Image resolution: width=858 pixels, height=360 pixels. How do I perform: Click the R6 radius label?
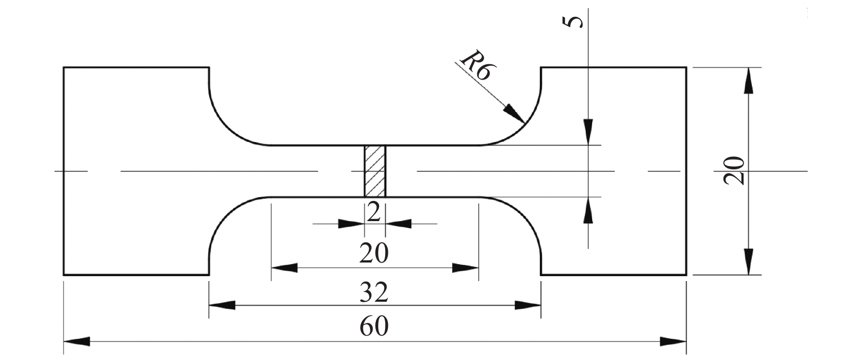coord(475,66)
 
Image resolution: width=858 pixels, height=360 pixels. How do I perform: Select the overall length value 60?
coord(374,327)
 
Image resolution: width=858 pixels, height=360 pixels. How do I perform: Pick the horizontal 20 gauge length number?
coord(374,253)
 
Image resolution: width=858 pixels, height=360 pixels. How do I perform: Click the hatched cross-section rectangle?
coord(375,171)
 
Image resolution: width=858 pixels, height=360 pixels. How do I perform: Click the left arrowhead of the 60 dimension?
coord(76,342)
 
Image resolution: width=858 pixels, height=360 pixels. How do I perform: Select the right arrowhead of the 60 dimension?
coord(674,342)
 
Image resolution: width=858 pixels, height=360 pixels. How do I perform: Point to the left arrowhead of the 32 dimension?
coord(222,306)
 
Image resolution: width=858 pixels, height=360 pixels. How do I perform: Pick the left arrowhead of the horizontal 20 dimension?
coord(284,268)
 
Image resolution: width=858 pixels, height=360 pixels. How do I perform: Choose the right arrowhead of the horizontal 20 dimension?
coord(465,268)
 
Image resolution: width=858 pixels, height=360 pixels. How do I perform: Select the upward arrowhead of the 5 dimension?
coord(588,209)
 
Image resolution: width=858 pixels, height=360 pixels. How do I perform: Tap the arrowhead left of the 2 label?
coord(351,224)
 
